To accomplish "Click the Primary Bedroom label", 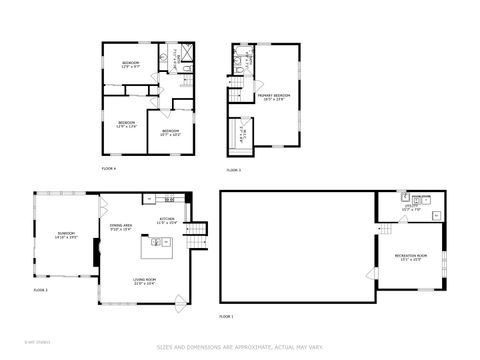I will pos(268,98).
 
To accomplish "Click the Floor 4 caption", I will pos(109,169).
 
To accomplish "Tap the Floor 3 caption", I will pos(233,170).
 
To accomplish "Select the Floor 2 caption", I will pos(41,289).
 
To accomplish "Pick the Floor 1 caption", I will pos(226,316).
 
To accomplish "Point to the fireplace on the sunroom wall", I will pos(96,251).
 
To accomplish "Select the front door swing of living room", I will pos(177,301).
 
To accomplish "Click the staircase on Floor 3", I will pos(236,93).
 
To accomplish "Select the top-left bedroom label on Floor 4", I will pos(131,66).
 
